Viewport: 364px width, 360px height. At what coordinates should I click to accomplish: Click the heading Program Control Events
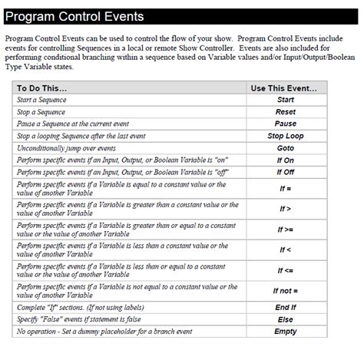[75, 16]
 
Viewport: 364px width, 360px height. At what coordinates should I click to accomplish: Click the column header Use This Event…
[284, 88]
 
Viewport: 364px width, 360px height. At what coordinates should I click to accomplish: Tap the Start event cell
[285, 100]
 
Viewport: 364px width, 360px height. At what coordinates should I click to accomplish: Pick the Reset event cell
[285, 112]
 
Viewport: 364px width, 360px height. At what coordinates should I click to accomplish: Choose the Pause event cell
[285, 124]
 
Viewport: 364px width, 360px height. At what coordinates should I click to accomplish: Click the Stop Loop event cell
[285, 136]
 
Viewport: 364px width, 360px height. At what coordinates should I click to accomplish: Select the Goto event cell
[285, 147]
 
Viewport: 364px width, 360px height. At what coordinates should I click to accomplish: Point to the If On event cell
[285, 160]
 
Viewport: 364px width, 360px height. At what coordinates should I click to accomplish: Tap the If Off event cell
[285, 172]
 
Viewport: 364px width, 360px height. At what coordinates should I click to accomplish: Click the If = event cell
[285, 188]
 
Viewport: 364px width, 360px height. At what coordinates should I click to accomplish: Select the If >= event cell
[285, 230]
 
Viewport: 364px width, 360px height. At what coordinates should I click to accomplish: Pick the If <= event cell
[285, 270]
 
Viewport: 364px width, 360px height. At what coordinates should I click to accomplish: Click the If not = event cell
[285, 291]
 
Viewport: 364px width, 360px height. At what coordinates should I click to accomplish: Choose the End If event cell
[285, 308]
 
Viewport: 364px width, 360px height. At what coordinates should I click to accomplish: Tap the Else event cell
[285, 319]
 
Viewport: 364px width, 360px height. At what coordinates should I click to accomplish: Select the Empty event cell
[285, 332]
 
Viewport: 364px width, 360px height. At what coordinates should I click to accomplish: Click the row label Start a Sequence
[41, 100]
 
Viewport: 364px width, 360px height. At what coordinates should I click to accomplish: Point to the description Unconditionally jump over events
[66, 147]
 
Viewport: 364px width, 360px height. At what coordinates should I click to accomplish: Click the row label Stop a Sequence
[41, 112]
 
